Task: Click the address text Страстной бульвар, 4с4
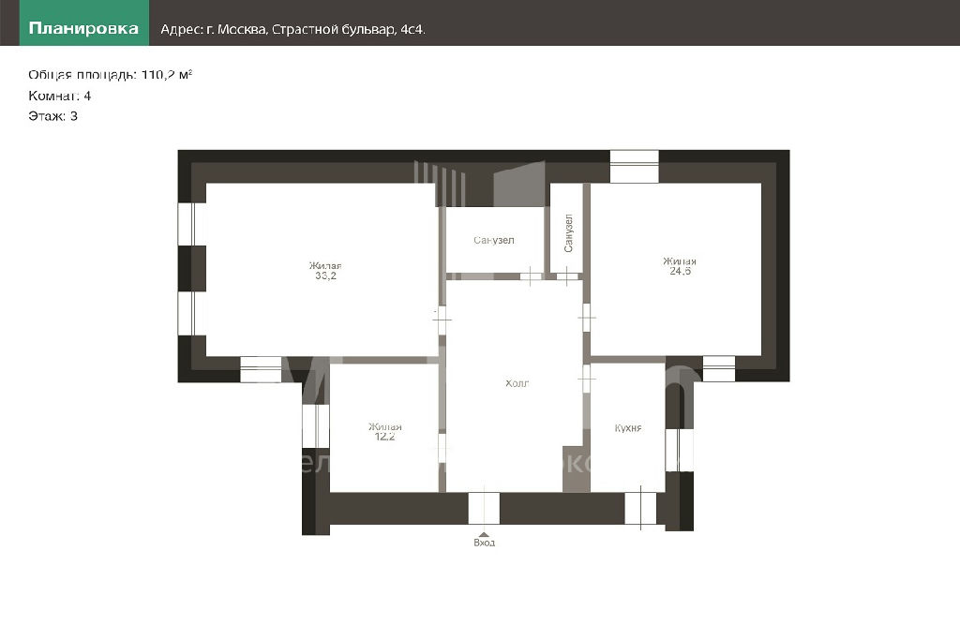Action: click(x=349, y=29)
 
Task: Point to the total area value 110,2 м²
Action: click(x=167, y=75)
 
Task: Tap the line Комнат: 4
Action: click(x=59, y=96)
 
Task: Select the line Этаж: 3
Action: click(x=52, y=116)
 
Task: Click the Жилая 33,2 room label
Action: click(x=325, y=271)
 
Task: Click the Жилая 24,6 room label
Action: click(x=680, y=265)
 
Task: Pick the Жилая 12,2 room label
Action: click(x=384, y=431)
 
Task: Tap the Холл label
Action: click(x=517, y=383)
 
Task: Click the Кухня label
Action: click(x=628, y=427)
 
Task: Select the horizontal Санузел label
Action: click(x=493, y=240)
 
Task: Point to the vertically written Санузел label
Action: click(x=568, y=233)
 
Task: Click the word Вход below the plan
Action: click(x=485, y=543)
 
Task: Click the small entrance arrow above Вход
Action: click(x=485, y=534)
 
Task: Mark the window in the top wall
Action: click(x=635, y=166)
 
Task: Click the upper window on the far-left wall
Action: click(x=191, y=224)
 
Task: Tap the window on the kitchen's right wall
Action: click(x=680, y=450)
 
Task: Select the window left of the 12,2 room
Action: click(x=316, y=425)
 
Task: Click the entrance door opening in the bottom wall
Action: click(x=485, y=508)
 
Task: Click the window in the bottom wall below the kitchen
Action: click(x=640, y=508)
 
